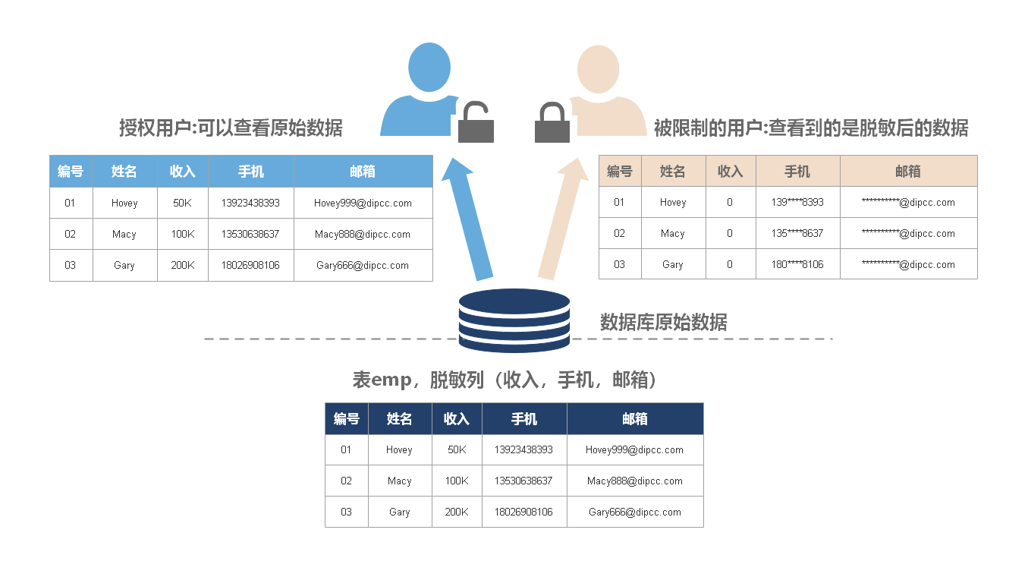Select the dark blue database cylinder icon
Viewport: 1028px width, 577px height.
tap(514, 320)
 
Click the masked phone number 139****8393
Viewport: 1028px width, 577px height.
tap(797, 202)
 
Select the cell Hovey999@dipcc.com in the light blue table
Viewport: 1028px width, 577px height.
tap(363, 203)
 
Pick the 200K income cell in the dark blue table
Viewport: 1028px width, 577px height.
tap(457, 512)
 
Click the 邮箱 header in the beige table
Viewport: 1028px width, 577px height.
tap(907, 172)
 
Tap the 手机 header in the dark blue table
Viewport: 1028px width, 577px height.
tap(524, 419)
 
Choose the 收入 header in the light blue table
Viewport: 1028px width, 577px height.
tap(183, 172)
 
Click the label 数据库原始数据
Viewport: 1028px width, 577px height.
tap(663, 323)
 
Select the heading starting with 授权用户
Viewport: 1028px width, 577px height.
tap(231, 128)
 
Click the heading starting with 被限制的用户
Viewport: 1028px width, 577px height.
tap(811, 128)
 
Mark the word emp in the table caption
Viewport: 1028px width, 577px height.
tap(391, 380)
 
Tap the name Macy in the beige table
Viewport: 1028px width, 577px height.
tap(673, 233)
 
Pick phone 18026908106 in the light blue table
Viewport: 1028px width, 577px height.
tap(250, 265)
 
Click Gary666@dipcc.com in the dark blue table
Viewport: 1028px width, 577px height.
tap(635, 512)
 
